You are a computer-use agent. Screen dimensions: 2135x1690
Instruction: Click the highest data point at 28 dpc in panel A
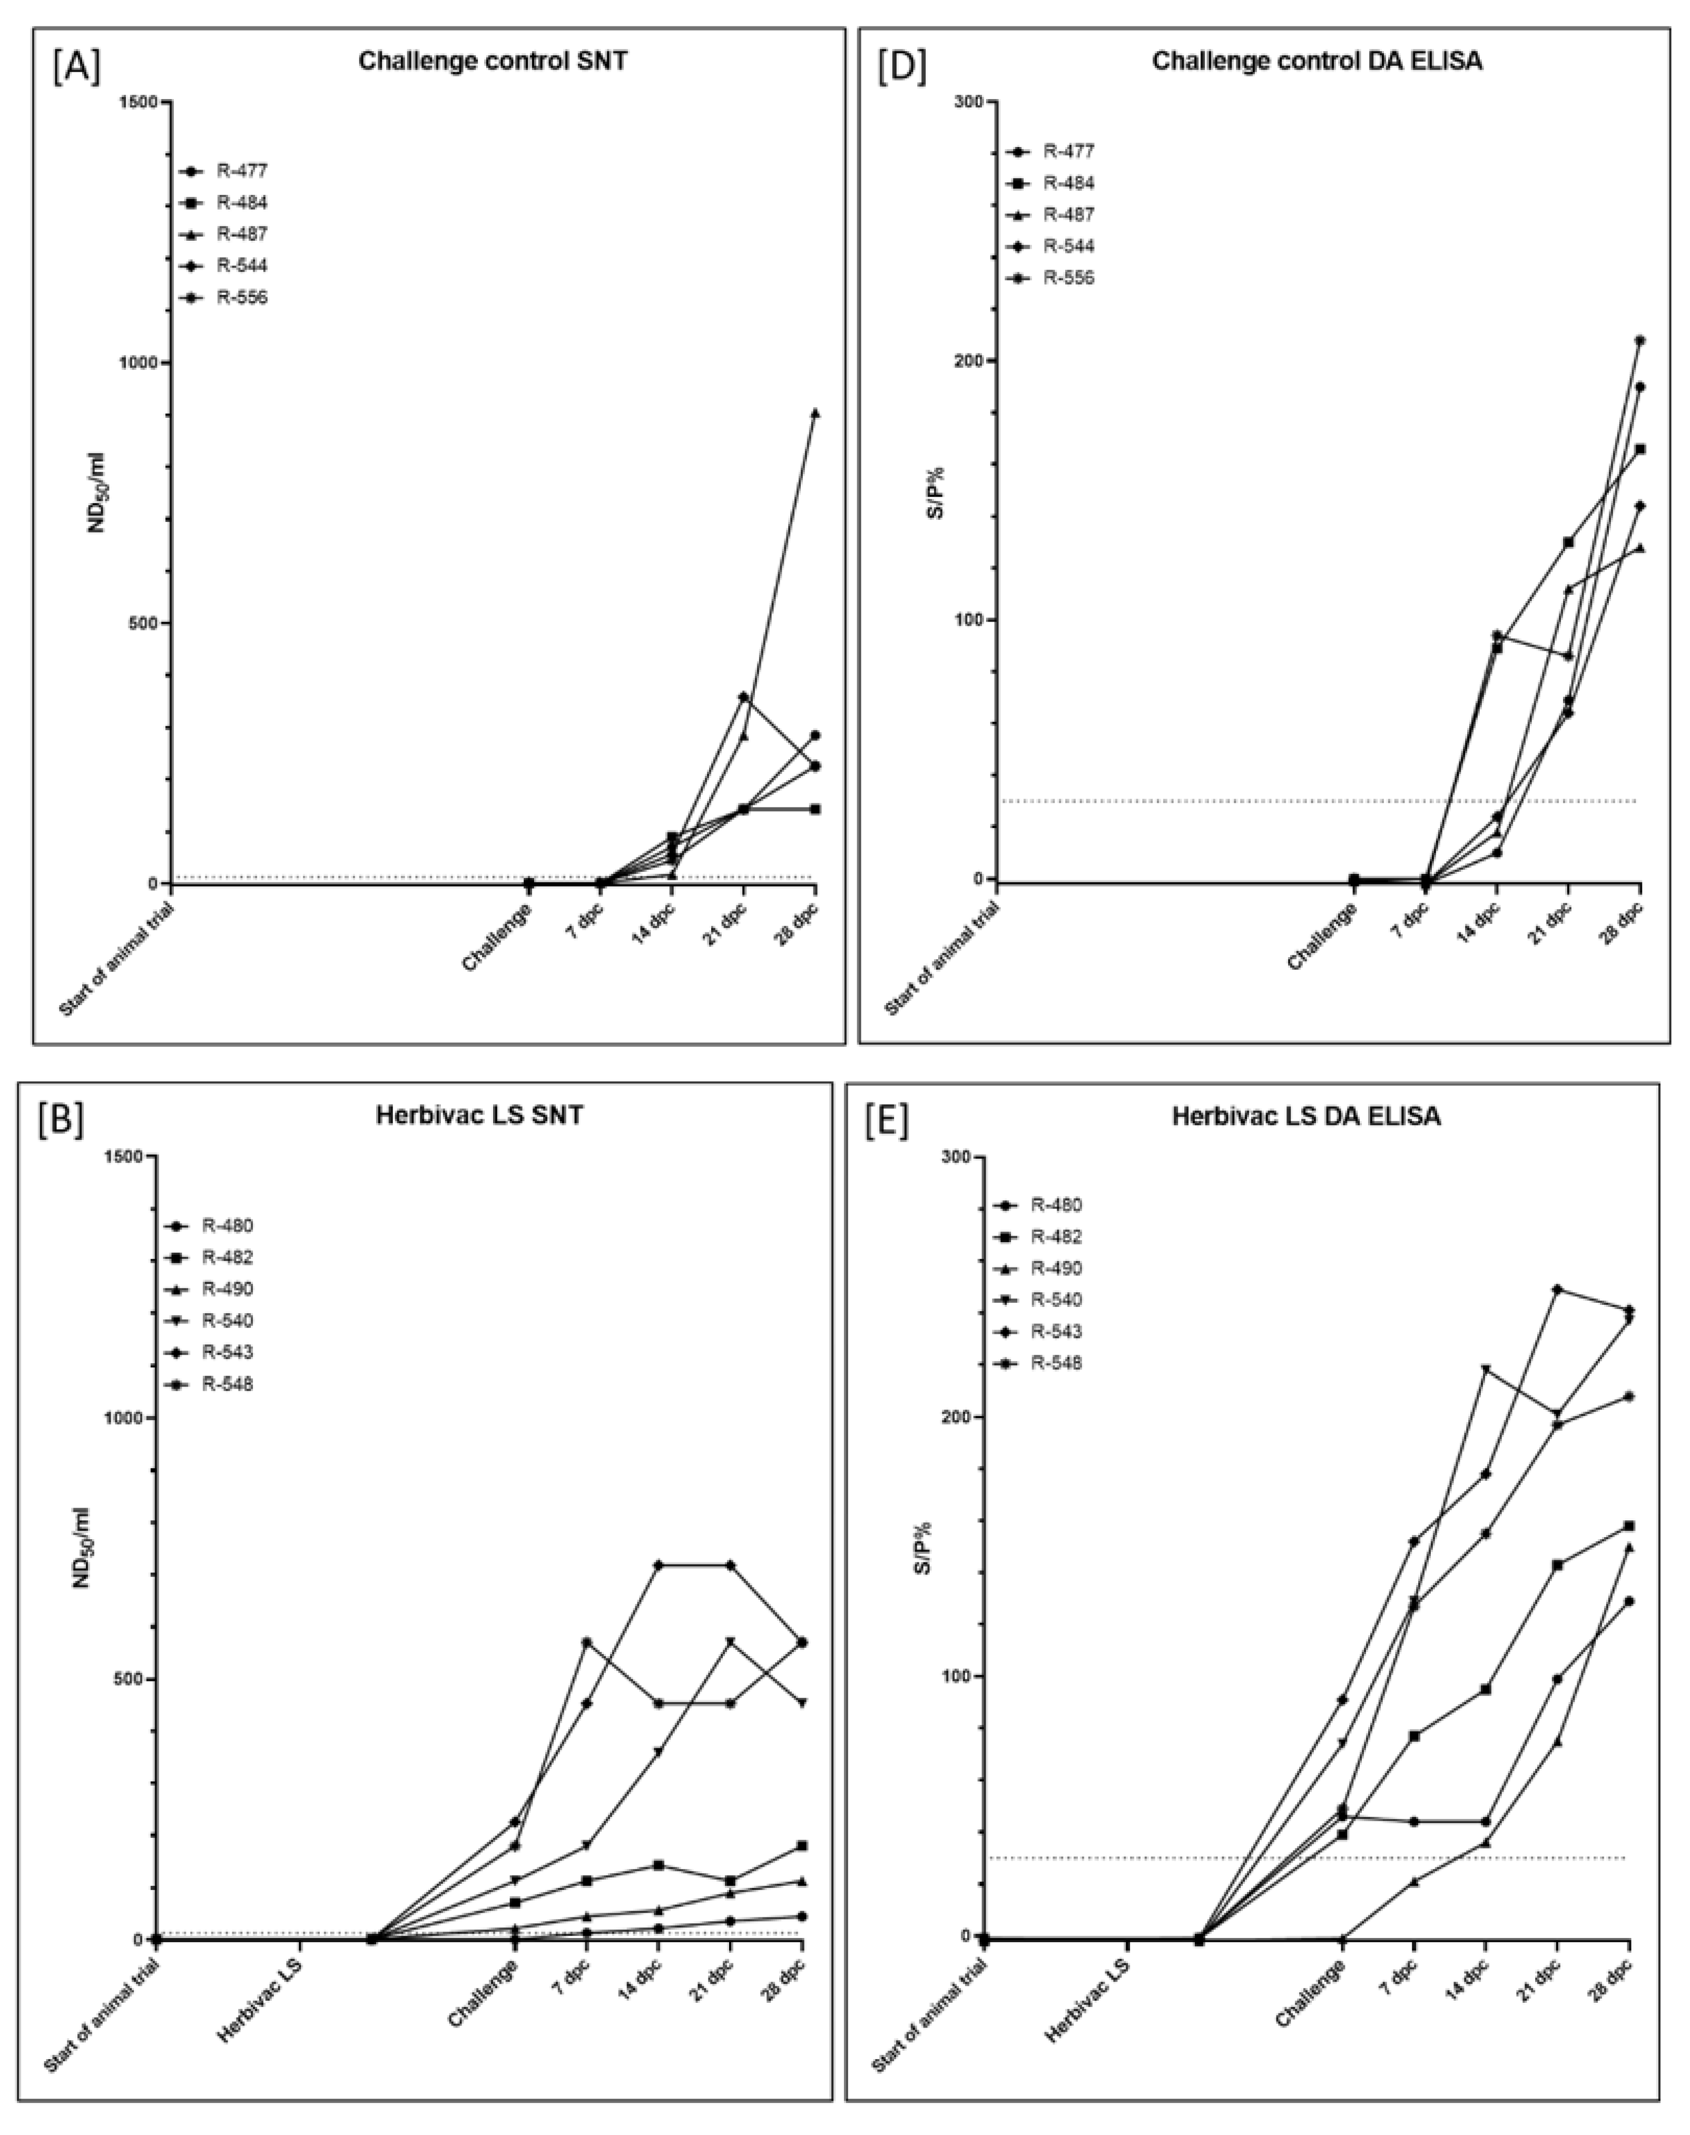(815, 412)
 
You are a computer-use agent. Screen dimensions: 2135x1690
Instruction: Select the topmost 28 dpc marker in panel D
(1639, 340)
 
